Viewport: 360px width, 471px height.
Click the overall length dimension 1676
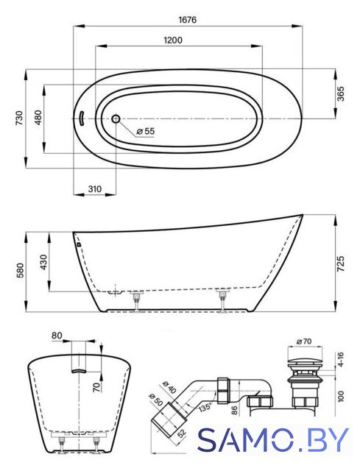click(x=187, y=20)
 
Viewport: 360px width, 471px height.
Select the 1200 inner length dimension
click(x=173, y=40)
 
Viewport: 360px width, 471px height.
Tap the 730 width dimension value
click(x=18, y=118)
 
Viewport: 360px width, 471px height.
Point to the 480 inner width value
click(x=38, y=118)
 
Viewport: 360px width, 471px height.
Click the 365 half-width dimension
click(x=341, y=93)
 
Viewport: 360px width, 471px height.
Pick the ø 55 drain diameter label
click(x=145, y=131)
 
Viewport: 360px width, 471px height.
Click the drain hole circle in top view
click(x=116, y=119)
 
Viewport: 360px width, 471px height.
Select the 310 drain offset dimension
click(x=95, y=189)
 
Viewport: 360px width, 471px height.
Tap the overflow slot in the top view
click(x=82, y=119)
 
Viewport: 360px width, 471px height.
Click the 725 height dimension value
click(x=341, y=263)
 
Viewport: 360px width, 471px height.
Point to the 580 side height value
click(x=20, y=271)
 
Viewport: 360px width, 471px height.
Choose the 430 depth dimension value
click(x=44, y=262)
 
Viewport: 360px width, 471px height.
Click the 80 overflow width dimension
click(x=57, y=336)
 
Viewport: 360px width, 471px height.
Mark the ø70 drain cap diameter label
click(x=304, y=341)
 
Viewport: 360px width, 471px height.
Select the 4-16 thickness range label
click(x=341, y=360)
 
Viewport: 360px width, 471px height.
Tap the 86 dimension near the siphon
click(x=235, y=410)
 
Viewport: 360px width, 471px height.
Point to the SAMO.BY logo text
click(x=274, y=440)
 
